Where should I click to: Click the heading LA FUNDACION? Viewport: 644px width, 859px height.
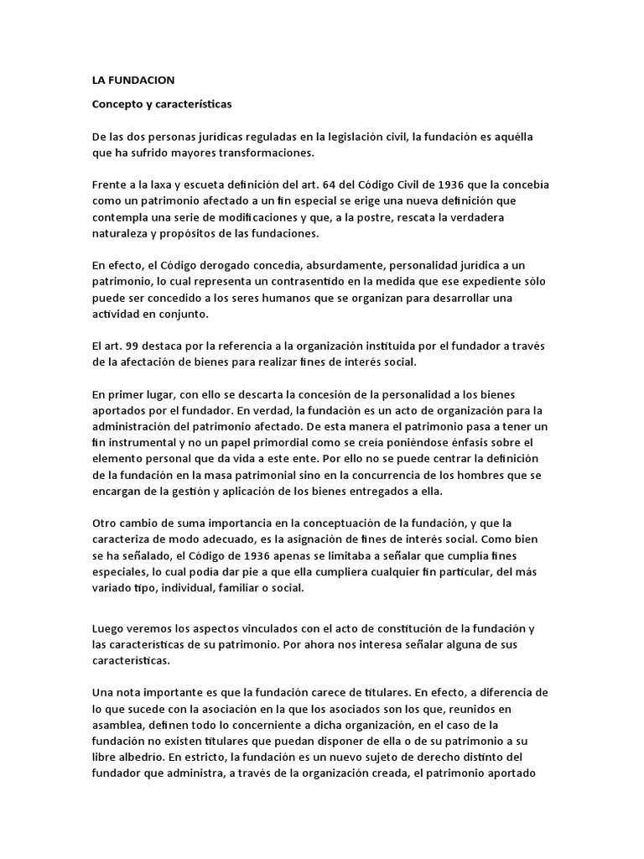coord(133,81)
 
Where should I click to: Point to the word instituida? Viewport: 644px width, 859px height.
coord(391,346)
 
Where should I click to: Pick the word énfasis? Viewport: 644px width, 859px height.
coord(460,442)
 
